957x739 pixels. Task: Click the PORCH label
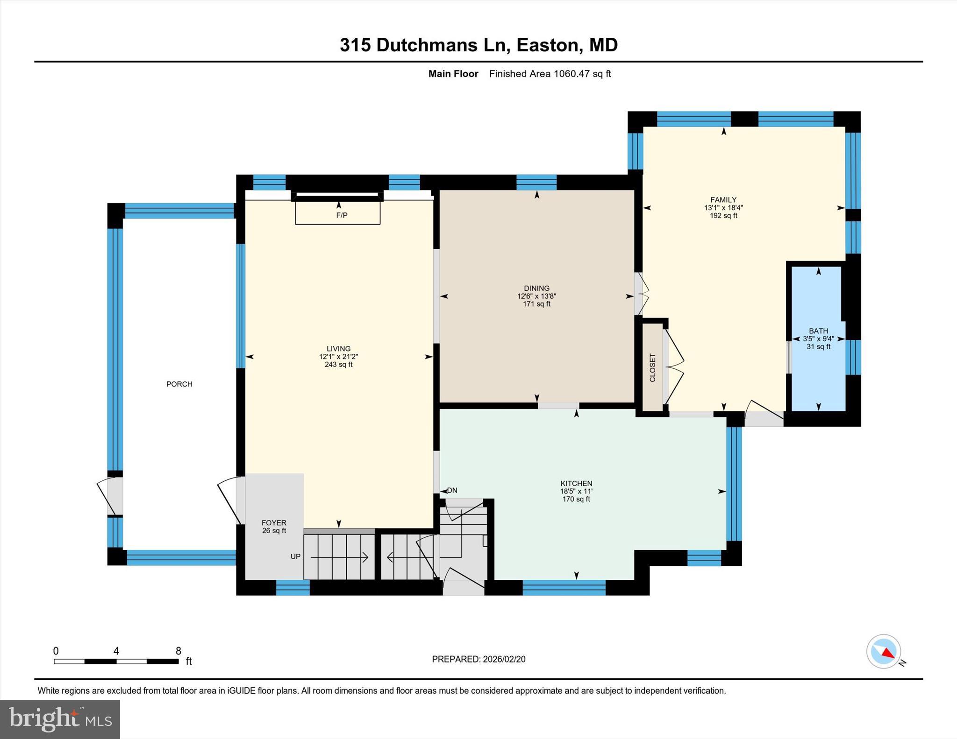179,384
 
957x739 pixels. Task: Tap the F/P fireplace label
342,215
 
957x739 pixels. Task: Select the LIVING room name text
338,349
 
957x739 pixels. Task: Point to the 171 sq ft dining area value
536,304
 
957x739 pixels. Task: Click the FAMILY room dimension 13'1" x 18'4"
723,208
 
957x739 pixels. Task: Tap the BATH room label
818,331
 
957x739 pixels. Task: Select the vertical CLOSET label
652,368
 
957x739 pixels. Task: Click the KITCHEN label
576,484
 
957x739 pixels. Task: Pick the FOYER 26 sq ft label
274,527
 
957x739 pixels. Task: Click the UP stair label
295,556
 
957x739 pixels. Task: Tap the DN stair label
452,491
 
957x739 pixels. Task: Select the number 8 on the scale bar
178,651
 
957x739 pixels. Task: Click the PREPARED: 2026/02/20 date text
478,659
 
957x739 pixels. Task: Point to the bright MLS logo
60,719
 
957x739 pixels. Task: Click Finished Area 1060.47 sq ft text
550,74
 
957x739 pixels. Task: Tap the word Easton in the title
548,45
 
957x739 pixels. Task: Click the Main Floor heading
453,74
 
